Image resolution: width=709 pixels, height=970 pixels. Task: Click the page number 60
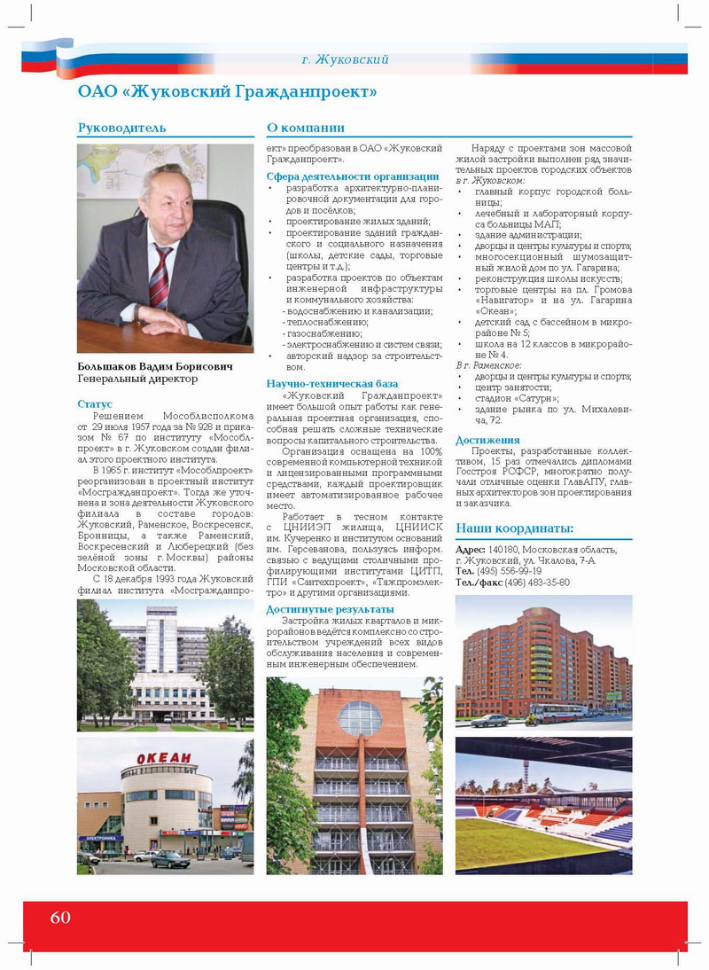point(60,917)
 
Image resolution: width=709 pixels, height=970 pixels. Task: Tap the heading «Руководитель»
point(121,128)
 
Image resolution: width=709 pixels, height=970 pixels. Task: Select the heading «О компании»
point(306,128)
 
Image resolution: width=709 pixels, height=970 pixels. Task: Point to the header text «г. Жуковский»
point(345,59)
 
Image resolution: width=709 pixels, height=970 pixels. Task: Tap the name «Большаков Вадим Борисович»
point(156,366)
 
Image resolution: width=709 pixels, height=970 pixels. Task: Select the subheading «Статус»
point(95,403)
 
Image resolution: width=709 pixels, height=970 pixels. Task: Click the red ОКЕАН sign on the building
point(163,757)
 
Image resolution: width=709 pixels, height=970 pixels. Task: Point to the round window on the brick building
point(360,717)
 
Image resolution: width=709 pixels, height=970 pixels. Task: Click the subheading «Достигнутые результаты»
point(330,609)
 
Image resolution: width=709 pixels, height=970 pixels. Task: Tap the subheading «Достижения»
point(487,440)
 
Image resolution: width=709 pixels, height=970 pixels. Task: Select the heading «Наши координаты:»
point(514,529)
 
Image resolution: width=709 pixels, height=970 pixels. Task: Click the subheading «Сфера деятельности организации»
point(353,176)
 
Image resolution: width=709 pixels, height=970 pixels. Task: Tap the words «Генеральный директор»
point(137,379)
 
